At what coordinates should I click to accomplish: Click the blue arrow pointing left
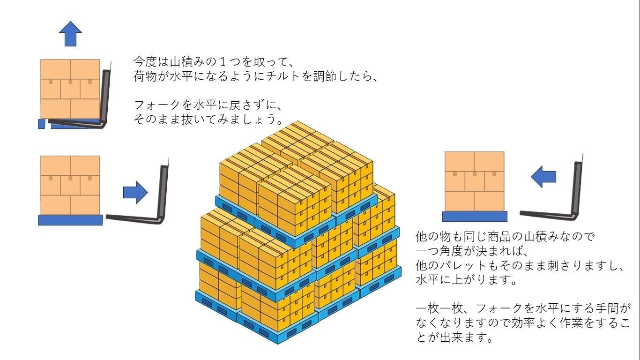[x=543, y=177]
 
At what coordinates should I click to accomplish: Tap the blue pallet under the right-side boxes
[x=475, y=216]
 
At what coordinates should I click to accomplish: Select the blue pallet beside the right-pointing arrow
[x=70, y=220]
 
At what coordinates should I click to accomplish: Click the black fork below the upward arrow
[x=89, y=123]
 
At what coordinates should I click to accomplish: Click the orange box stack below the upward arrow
[x=70, y=89]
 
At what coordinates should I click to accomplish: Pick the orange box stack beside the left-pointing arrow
[x=474, y=181]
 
